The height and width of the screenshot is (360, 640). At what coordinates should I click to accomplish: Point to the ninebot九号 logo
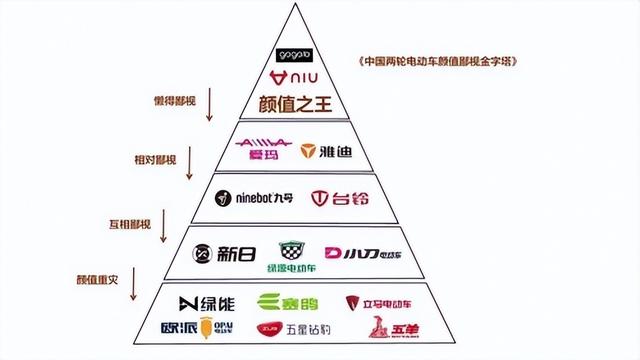[x=248, y=198]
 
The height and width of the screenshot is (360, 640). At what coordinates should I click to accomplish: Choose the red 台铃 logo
[x=338, y=199]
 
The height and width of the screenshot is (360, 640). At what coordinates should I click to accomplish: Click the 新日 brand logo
[x=218, y=254]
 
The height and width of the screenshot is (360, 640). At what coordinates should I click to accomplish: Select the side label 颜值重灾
[x=97, y=278]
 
